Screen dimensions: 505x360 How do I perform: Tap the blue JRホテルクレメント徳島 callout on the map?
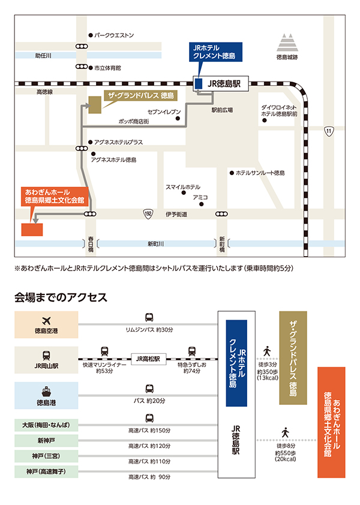[214, 51]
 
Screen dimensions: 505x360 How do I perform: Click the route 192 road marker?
[148, 214]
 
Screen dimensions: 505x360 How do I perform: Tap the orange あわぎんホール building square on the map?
[29, 230]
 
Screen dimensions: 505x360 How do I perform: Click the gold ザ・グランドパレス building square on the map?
[95, 105]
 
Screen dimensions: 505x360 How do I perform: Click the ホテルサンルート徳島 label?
[260, 173]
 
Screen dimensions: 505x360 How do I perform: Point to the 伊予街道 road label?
[176, 214]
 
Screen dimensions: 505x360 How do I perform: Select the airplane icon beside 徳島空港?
[47, 320]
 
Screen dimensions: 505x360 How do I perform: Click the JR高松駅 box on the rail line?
[148, 359]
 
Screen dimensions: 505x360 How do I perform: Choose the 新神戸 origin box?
[47, 441]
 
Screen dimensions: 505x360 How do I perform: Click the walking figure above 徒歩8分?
[285, 432]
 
